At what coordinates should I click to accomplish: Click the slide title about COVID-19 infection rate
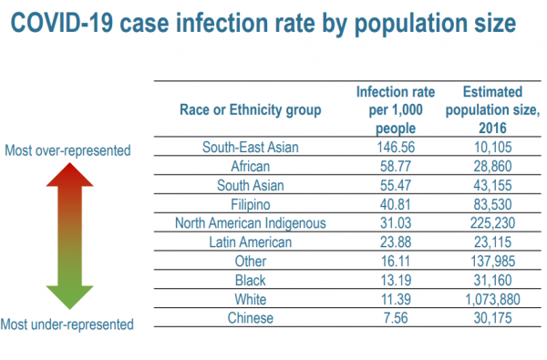[263, 24]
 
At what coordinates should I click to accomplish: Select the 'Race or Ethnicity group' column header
[250, 110]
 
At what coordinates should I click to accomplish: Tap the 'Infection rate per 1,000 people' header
[396, 110]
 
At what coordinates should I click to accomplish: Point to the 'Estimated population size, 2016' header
[492, 110]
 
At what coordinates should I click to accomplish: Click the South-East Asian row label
[250, 148]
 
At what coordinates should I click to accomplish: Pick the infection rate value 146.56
[396, 148]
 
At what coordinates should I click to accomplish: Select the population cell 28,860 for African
[492, 167]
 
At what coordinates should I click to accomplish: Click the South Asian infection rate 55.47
[396, 185]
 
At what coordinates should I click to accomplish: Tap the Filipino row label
[251, 205]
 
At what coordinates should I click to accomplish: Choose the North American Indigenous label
[250, 223]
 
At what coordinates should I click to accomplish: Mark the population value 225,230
[492, 223]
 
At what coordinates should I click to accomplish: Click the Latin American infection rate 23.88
[396, 242]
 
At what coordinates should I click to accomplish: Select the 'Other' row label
[251, 262]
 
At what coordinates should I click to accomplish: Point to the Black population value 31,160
[492, 280]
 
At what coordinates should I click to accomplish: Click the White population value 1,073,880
[492, 299]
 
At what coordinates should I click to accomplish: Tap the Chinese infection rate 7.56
[396, 318]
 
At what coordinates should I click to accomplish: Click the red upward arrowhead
[70, 176]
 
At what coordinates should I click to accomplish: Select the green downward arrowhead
[70, 297]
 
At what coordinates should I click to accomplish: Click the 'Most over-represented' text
[67, 150]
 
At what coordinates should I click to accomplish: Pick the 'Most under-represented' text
[67, 324]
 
